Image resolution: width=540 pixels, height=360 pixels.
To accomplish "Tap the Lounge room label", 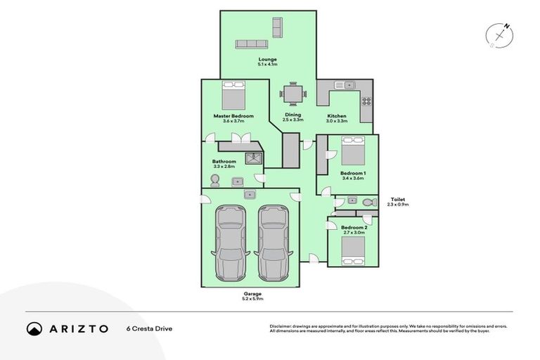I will [x=267, y=60].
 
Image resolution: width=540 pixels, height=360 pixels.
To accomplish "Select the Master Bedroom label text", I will [x=233, y=116].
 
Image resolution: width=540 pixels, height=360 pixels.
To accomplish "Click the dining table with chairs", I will [x=292, y=93].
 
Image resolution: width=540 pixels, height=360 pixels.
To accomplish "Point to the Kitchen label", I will [x=336, y=115].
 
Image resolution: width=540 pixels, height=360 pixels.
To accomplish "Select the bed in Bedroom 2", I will [x=352, y=250].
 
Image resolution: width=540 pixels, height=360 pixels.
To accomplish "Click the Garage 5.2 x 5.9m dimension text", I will [x=252, y=299].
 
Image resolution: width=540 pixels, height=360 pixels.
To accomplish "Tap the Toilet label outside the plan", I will [x=397, y=200].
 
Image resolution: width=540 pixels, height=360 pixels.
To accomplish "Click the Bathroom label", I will [x=224, y=161].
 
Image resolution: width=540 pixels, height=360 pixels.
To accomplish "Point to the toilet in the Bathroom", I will [x=216, y=181].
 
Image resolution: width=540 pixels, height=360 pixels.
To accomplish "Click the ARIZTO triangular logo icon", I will [x=34, y=328].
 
